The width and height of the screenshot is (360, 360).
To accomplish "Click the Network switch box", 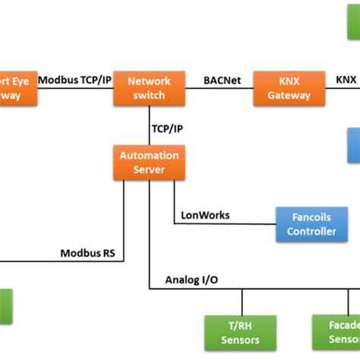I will coord(149,88).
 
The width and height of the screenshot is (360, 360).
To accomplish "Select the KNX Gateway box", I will coord(289,88).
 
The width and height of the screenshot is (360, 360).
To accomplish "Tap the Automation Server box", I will coord(149,163).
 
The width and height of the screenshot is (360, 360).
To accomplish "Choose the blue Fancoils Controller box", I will coord(311,224).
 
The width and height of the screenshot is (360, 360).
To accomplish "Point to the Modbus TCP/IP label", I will coord(74,79).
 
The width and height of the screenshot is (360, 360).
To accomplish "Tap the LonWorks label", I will coord(205,215).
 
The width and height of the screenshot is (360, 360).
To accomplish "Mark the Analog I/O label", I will coord(191,279).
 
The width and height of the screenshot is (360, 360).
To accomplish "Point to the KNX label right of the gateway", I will coord(346,79).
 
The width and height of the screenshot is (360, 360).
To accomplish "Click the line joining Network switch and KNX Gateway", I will coord(219,89).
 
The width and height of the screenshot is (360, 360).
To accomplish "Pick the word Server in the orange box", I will coord(149,169).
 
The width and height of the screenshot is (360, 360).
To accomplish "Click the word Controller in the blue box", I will coord(311,232).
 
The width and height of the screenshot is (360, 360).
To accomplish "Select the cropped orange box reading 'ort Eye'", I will coord(17,88).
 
